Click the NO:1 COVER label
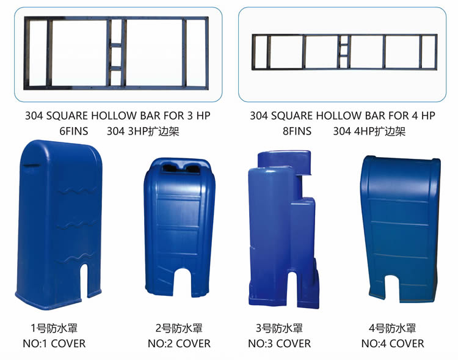[x=54, y=343]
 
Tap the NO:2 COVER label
[x=179, y=343]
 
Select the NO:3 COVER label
[x=280, y=343]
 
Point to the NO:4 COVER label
[x=393, y=343]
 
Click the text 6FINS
[x=74, y=131]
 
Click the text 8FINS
[x=297, y=131]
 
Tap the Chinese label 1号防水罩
[x=54, y=328]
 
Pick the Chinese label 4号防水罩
[x=392, y=328]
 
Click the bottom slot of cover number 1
[x=84, y=281]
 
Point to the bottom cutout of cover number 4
[x=391, y=288]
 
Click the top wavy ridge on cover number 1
[x=78, y=191]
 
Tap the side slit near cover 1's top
[x=32, y=166]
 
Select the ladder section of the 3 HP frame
[x=116, y=53]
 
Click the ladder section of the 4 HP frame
[x=344, y=52]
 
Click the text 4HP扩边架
[x=380, y=131]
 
